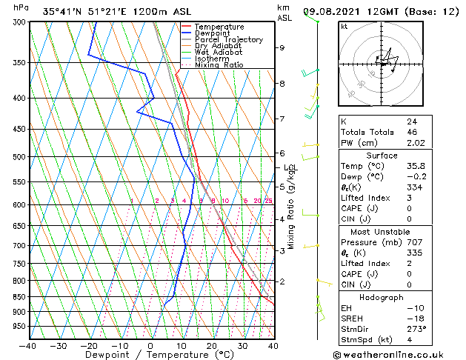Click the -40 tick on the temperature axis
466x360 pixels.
point(28,345)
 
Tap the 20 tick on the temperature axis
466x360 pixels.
point(211,345)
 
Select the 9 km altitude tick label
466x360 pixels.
point(282,47)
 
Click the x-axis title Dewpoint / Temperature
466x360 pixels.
point(150,355)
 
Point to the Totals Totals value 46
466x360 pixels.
point(411,132)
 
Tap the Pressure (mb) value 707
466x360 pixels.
point(413,242)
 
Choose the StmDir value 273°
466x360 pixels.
point(416,329)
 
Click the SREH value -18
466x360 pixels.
point(413,319)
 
